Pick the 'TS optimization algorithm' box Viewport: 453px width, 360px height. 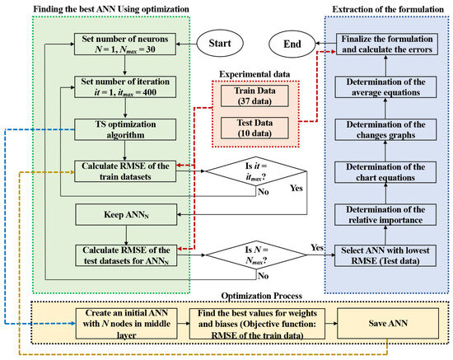coord(124,128)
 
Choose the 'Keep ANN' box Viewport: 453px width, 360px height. coord(124,216)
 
